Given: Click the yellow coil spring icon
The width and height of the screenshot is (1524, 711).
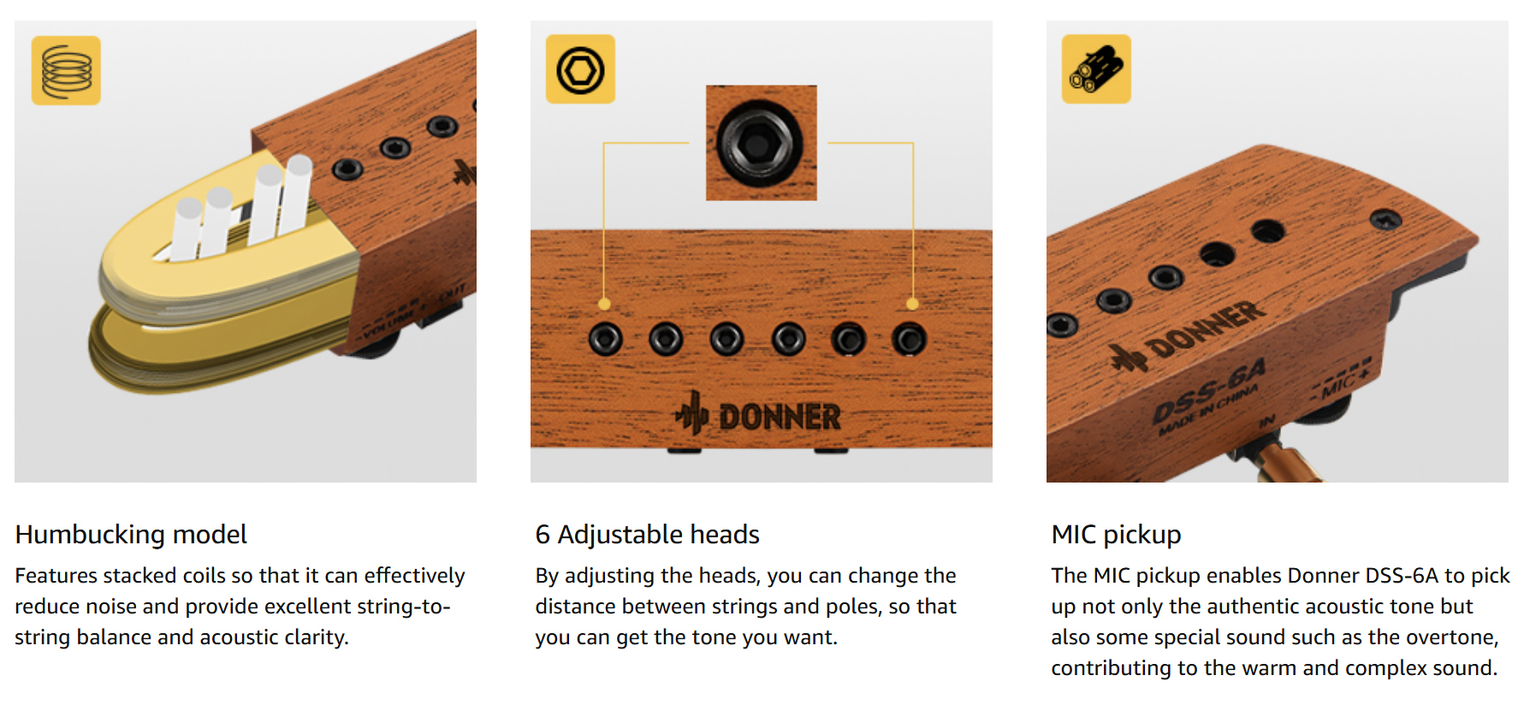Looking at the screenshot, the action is pyautogui.click(x=66, y=70).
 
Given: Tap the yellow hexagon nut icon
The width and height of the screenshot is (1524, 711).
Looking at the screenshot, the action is pyautogui.click(x=580, y=69).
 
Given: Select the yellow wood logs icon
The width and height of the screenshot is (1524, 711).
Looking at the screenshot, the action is pyautogui.click(x=1096, y=69).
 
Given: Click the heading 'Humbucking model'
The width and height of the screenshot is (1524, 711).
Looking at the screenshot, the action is pyautogui.click(x=131, y=535).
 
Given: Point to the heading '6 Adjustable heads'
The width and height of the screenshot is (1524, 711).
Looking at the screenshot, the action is pyautogui.click(x=648, y=535).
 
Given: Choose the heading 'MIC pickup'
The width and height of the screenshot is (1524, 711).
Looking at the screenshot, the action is pyautogui.click(x=1116, y=535).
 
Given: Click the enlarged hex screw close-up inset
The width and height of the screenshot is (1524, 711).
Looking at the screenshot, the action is pyautogui.click(x=761, y=143).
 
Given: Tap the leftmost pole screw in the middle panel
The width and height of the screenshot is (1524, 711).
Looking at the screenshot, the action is pyautogui.click(x=605, y=340).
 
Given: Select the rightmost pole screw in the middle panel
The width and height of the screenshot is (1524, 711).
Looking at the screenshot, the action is pyautogui.click(x=909, y=340).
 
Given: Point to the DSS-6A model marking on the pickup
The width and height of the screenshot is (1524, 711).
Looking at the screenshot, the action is pyautogui.click(x=1207, y=391).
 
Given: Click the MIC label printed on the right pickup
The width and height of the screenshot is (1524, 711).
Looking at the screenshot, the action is pyautogui.click(x=1340, y=382).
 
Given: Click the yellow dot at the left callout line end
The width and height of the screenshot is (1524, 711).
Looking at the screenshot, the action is pyautogui.click(x=604, y=304).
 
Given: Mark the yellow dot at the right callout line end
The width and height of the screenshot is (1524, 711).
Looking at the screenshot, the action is pyautogui.click(x=912, y=304).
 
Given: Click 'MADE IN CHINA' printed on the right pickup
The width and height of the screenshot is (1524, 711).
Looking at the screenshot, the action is pyautogui.click(x=1208, y=410).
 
